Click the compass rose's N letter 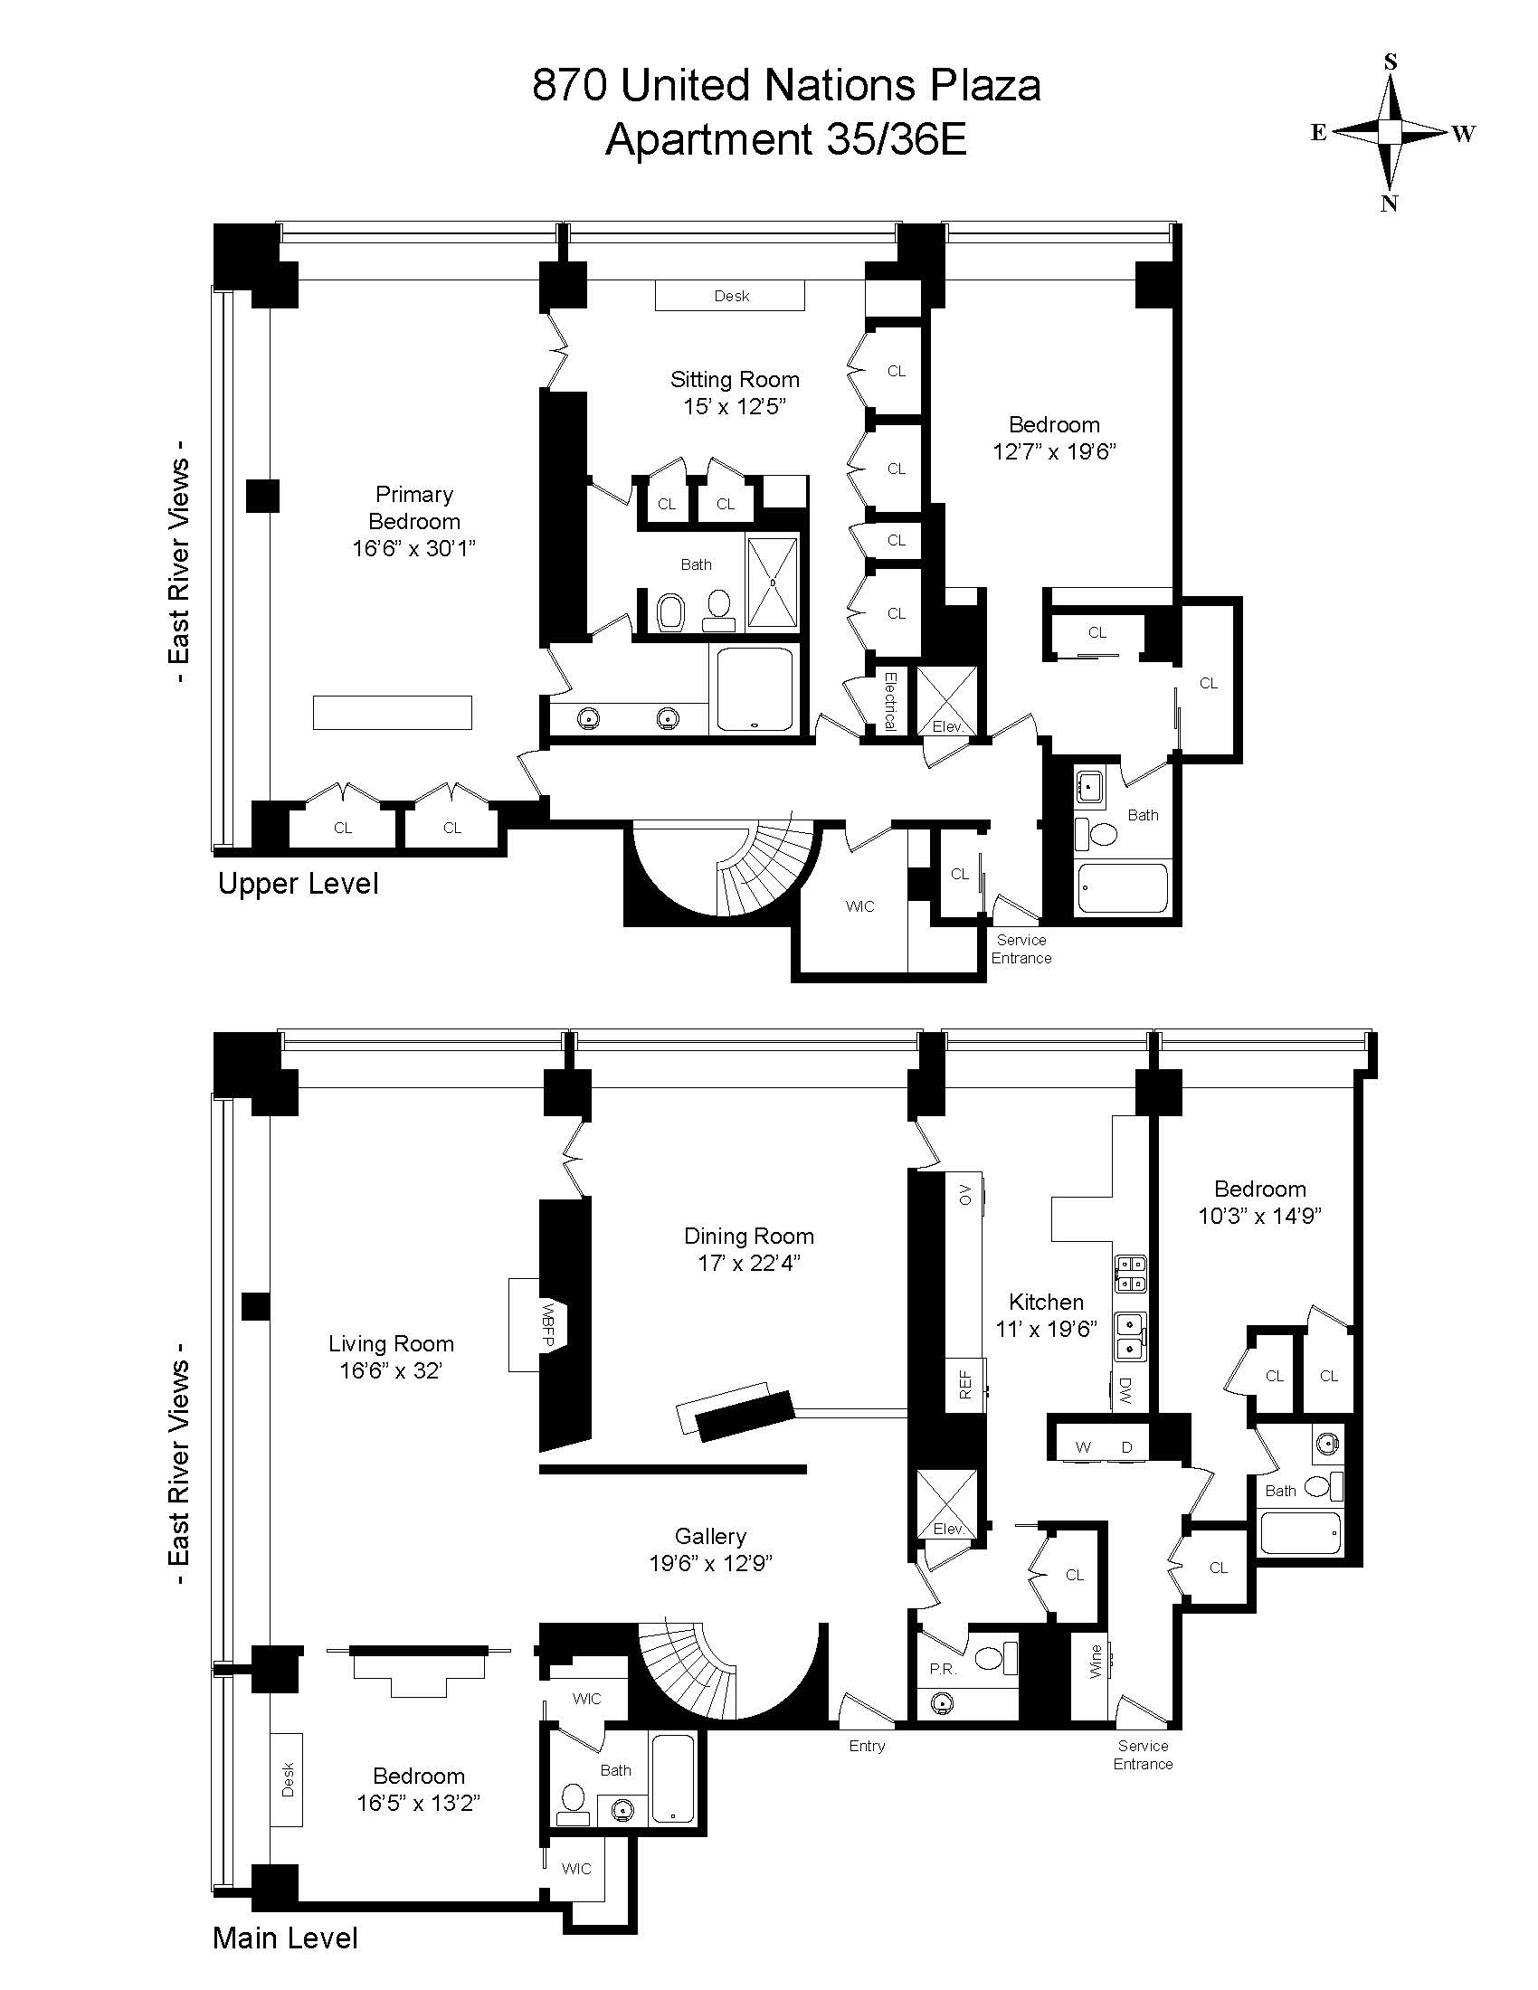1389,204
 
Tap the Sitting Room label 735,379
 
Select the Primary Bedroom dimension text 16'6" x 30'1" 414,548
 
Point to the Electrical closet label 890,701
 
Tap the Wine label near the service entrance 1096,1660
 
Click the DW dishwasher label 1125,1388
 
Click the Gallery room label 711,1536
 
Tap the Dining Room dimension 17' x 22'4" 749,1263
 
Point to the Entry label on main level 867,1746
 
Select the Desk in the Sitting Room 731,296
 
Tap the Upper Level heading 298,884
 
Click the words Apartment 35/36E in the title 786,140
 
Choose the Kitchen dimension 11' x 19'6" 1046,1329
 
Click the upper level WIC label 860,905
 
